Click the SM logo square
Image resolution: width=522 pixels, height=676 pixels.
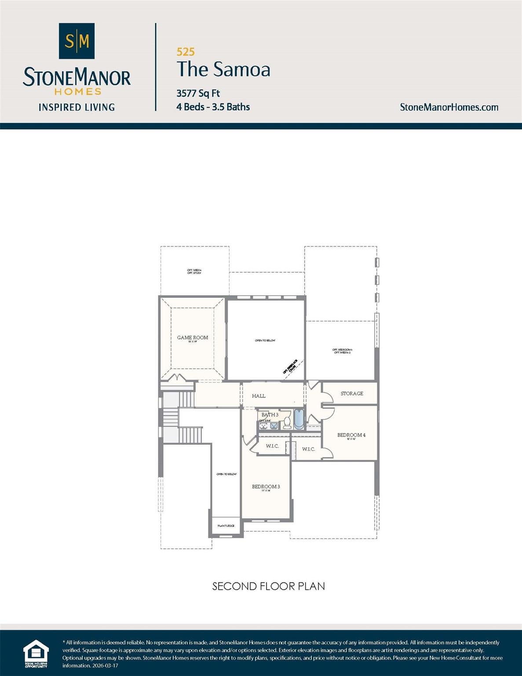point(77,41)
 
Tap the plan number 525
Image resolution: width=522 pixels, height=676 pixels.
point(186,52)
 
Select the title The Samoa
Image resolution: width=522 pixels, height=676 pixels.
point(223,70)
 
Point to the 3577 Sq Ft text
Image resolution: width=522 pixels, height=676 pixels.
point(198,93)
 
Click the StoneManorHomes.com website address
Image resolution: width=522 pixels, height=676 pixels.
point(449,107)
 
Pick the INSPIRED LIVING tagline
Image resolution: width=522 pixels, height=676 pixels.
point(77,107)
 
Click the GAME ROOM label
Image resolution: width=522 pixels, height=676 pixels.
point(193,338)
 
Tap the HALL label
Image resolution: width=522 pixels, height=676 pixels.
point(259,396)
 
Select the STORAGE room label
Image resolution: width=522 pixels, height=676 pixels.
point(352,393)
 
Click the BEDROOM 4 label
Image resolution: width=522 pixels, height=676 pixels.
point(351,435)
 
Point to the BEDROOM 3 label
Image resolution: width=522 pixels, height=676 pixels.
point(266,487)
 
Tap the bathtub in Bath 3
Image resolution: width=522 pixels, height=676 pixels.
point(299,419)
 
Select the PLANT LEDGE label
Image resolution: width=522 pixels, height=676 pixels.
point(226,525)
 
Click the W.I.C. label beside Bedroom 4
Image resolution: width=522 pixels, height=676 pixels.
point(308,449)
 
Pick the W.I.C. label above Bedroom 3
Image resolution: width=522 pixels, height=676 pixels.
point(272,446)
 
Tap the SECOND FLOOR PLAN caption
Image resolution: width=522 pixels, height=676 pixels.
point(268,586)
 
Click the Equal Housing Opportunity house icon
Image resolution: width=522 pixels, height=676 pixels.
point(36,652)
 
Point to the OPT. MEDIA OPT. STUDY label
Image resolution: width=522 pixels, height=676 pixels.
point(194,272)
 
